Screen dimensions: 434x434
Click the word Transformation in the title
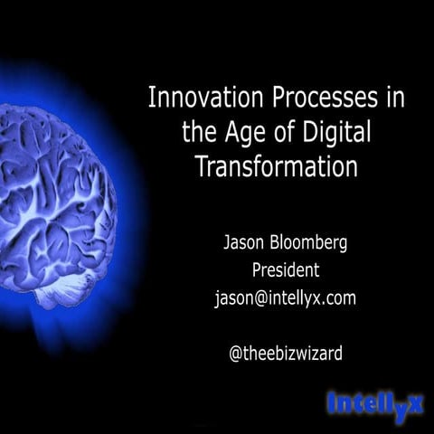[277, 167]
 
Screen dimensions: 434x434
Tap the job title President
[285, 270]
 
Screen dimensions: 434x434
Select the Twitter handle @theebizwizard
[285, 354]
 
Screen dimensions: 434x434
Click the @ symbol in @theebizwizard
[236, 354]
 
